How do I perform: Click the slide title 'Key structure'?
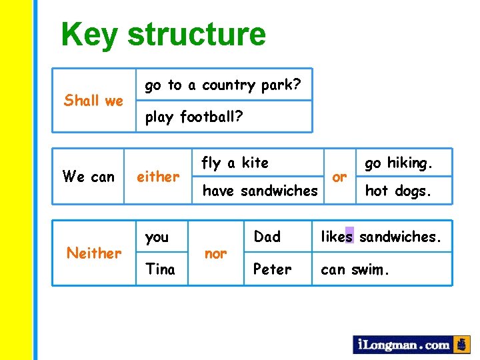click(x=163, y=35)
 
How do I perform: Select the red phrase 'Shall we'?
click(x=93, y=101)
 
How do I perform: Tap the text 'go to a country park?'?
click(x=223, y=85)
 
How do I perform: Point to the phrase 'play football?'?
click(x=194, y=117)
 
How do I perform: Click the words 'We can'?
click(x=88, y=177)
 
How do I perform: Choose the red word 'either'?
click(x=158, y=177)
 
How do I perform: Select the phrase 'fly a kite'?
click(x=235, y=163)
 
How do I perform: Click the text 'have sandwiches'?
click(x=260, y=191)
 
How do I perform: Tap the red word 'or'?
click(x=339, y=177)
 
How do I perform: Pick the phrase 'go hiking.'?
click(x=399, y=163)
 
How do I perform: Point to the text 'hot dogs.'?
click(x=398, y=191)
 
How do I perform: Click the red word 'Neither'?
click(x=94, y=253)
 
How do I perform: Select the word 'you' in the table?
click(x=157, y=237)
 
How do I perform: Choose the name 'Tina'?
click(x=160, y=269)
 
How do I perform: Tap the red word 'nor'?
click(x=215, y=253)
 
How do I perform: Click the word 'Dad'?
click(x=267, y=237)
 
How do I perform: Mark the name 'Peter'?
click(x=273, y=269)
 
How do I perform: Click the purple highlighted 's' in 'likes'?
click(x=350, y=236)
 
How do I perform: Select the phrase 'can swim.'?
click(x=354, y=269)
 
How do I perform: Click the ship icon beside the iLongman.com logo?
click(x=461, y=345)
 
